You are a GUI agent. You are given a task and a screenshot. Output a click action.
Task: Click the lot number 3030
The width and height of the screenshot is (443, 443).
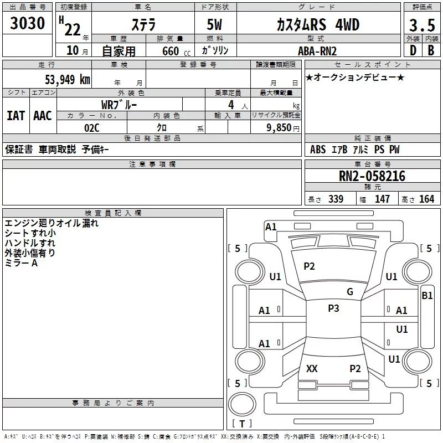(28, 24)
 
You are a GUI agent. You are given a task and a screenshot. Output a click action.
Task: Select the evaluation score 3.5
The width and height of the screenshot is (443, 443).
(422, 25)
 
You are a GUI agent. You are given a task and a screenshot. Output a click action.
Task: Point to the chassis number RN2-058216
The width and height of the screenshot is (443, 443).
(372, 176)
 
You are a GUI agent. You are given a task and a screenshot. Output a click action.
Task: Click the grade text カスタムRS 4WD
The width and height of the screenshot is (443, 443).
(318, 25)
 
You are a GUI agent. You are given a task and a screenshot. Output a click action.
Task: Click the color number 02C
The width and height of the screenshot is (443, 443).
(92, 127)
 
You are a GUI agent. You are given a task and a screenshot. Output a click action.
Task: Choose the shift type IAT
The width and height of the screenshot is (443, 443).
(16, 116)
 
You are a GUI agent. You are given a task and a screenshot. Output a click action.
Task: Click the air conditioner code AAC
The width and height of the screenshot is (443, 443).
(43, 116)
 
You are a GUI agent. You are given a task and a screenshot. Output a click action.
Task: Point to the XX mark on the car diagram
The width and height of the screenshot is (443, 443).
(312, 368)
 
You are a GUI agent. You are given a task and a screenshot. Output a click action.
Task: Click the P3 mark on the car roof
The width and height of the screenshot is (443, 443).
(333, 308)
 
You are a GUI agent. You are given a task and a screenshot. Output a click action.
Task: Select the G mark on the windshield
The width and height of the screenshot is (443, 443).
(350, 292)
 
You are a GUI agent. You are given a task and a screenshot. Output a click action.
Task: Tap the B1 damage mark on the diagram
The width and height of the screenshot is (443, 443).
(427, 296)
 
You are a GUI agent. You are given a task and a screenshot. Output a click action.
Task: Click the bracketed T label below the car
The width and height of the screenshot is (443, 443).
(242, 424)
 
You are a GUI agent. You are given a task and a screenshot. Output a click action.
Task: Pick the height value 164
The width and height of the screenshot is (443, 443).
(427, 199)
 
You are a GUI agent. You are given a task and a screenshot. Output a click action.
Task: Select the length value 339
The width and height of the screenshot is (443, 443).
(336, 199)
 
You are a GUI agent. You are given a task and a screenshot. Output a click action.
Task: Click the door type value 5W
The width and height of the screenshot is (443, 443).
(215, 25)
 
